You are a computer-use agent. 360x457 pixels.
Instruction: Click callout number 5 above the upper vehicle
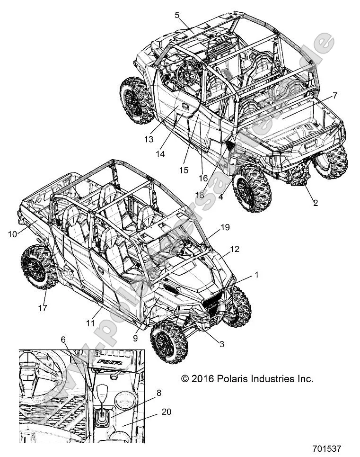coord(177,15)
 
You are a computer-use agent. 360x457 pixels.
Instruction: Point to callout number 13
coord(149,139)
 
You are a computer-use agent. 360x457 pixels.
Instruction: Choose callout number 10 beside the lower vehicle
coord(12,233)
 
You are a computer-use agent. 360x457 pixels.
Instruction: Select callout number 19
coord(225,227)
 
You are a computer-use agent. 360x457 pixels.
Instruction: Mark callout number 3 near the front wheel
coord(221,345)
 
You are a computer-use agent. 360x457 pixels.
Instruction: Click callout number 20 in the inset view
coord(166,412)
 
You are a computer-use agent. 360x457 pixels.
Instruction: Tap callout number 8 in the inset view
coord(158,393)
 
